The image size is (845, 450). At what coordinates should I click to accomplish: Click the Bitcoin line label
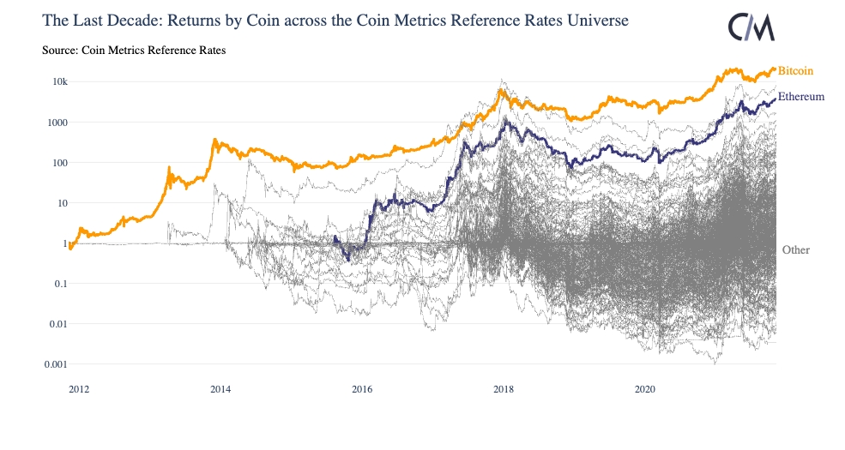pos(795,70)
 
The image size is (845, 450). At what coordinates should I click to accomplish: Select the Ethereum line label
pos(801,97)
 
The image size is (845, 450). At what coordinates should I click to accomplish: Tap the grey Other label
pos(796,249)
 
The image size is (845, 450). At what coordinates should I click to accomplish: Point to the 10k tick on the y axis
pos(60,81)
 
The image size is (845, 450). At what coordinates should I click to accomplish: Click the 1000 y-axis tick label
pos(57,122)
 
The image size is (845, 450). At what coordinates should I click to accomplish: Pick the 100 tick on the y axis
pos(60,162)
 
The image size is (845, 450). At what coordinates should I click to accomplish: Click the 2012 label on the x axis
pos(79,389)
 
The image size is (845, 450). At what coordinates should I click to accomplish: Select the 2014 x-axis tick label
pos(220,389)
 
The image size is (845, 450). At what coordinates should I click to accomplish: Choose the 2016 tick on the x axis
pos(362,389)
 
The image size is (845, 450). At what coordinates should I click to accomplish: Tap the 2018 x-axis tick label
pos(504,389)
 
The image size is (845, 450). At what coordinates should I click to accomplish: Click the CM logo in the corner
pos(751,27)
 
